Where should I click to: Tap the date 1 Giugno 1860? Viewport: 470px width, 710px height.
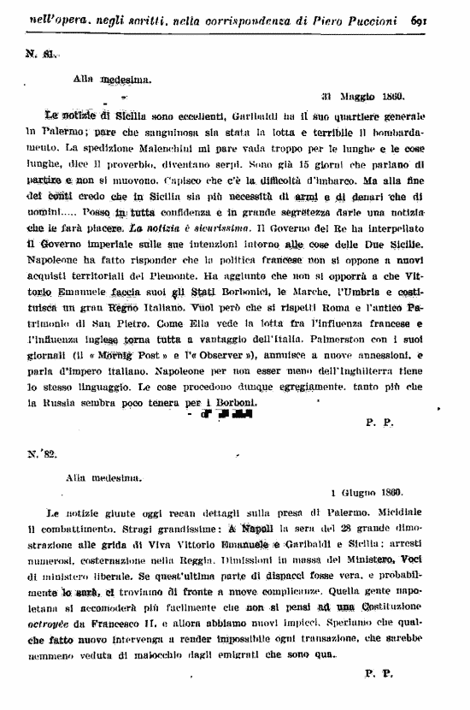point(367,494)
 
